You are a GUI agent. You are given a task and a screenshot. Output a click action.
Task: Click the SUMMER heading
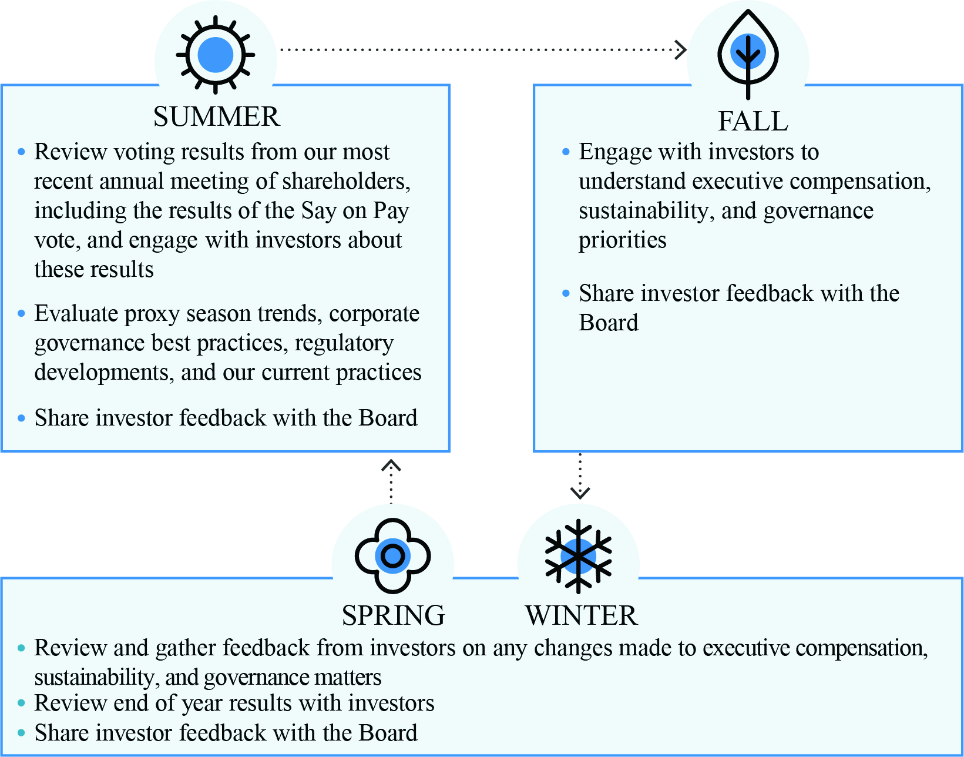tap(216, 116)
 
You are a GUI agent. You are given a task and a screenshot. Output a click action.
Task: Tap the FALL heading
tap(753, 121)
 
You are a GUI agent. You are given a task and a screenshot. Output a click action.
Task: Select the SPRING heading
tap(393, 615)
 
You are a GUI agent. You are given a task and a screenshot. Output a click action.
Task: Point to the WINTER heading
tap(581, 615)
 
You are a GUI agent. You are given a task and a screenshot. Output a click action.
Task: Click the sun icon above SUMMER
tap(216, 55)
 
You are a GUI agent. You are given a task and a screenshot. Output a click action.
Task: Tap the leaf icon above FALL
tap(748, 53)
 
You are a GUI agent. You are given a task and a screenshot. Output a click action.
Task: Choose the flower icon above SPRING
tap(392, 555)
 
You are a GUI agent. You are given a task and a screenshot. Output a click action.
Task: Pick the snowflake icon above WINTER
tap(579, 555)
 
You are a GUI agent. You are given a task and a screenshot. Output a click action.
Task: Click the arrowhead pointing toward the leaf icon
tap(681, 49)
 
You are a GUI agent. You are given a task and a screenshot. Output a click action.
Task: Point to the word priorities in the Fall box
tap(622, 240)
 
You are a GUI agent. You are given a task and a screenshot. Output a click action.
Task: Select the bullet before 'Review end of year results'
tap(22, 703)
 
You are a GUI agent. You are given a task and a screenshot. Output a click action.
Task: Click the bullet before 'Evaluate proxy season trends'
tap(22, 314)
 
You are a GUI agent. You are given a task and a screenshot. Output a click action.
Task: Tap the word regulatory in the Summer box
tap(344, 343)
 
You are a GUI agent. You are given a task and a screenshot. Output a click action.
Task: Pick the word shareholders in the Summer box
tap(346, 182)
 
